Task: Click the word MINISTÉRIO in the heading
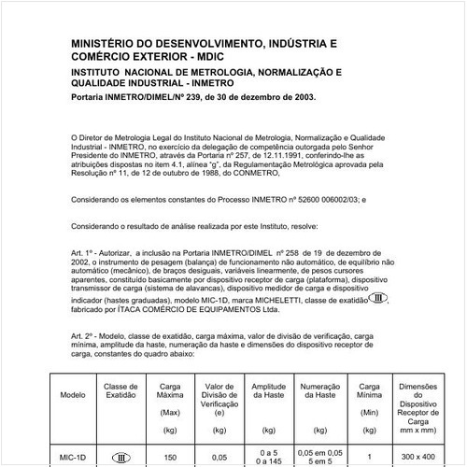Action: coord(102,43)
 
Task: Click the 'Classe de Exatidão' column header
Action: coord(120,389)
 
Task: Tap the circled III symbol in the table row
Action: coord(120,458)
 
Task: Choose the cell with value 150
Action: coord(169,458)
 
